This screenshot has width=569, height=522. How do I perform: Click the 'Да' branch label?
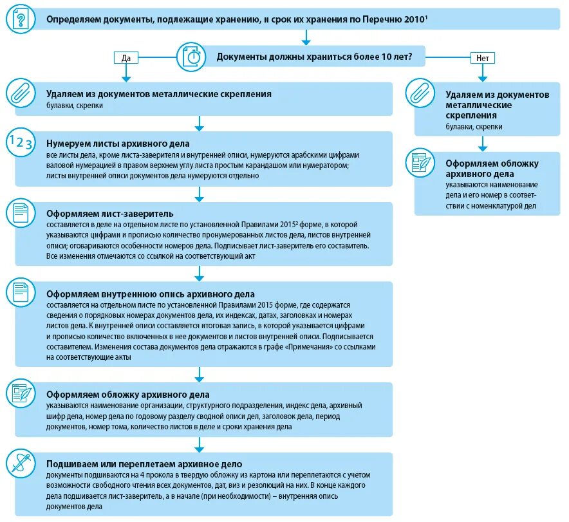tap(126, 57)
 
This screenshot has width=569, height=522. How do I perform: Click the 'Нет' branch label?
tap(483, 57)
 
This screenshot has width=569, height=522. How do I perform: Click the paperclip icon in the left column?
tap(21, 94)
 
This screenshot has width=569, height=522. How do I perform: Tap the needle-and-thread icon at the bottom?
tap(21, 464)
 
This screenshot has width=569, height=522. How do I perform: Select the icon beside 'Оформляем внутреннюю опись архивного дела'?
tap(21, 294)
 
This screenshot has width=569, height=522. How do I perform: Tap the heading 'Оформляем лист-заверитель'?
tap(110, 213)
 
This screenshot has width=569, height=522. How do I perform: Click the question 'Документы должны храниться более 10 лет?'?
tap(314, 57)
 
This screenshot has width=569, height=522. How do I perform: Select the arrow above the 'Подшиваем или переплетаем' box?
tap(200, 444)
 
